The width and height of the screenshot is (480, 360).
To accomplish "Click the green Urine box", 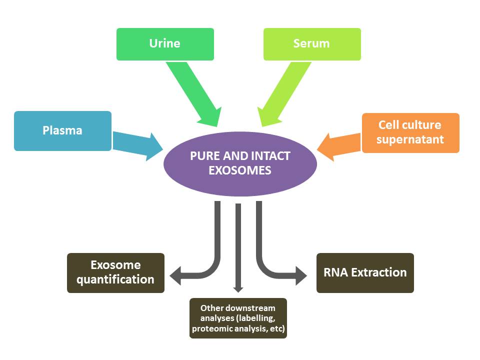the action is [x=165, y=44].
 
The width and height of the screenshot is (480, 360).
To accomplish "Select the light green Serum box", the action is [x=312, y=44].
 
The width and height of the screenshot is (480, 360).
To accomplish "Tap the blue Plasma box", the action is [x=63, y=130].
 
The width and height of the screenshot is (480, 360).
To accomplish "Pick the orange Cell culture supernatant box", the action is [x=410, y=133].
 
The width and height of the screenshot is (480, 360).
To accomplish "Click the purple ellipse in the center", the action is [x=240, y=164].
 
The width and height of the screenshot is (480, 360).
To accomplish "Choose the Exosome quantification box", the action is [x=115, y=273].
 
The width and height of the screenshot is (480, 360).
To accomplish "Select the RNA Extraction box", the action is [x=365, y=273].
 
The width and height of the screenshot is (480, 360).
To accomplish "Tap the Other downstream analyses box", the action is [x=238, y=318].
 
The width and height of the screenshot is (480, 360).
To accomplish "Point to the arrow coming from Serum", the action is [x=284, y=94].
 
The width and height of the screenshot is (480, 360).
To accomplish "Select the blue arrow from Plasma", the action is [x=138, y=146].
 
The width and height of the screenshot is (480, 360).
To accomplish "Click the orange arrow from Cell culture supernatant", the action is [x=339, y=147].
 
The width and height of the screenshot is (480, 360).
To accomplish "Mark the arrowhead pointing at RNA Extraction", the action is [x=301, y=275].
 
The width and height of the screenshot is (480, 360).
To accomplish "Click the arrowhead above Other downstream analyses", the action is [x=238, y=289].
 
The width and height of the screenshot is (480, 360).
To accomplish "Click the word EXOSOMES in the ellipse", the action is [x=240, y=170].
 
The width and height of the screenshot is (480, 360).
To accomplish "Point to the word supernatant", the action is [x=410, y=139].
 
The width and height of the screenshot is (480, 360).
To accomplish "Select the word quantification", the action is [x=115, y=279].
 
